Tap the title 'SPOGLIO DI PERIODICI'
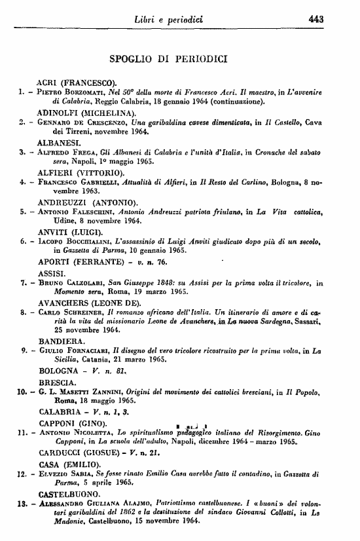tap(168, 59)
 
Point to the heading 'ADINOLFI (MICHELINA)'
tap(86, 112)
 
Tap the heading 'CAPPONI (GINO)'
tap(73, 422)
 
